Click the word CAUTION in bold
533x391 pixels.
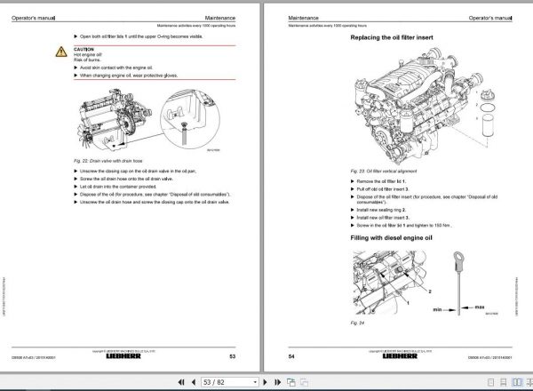click(x=84, y=49)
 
